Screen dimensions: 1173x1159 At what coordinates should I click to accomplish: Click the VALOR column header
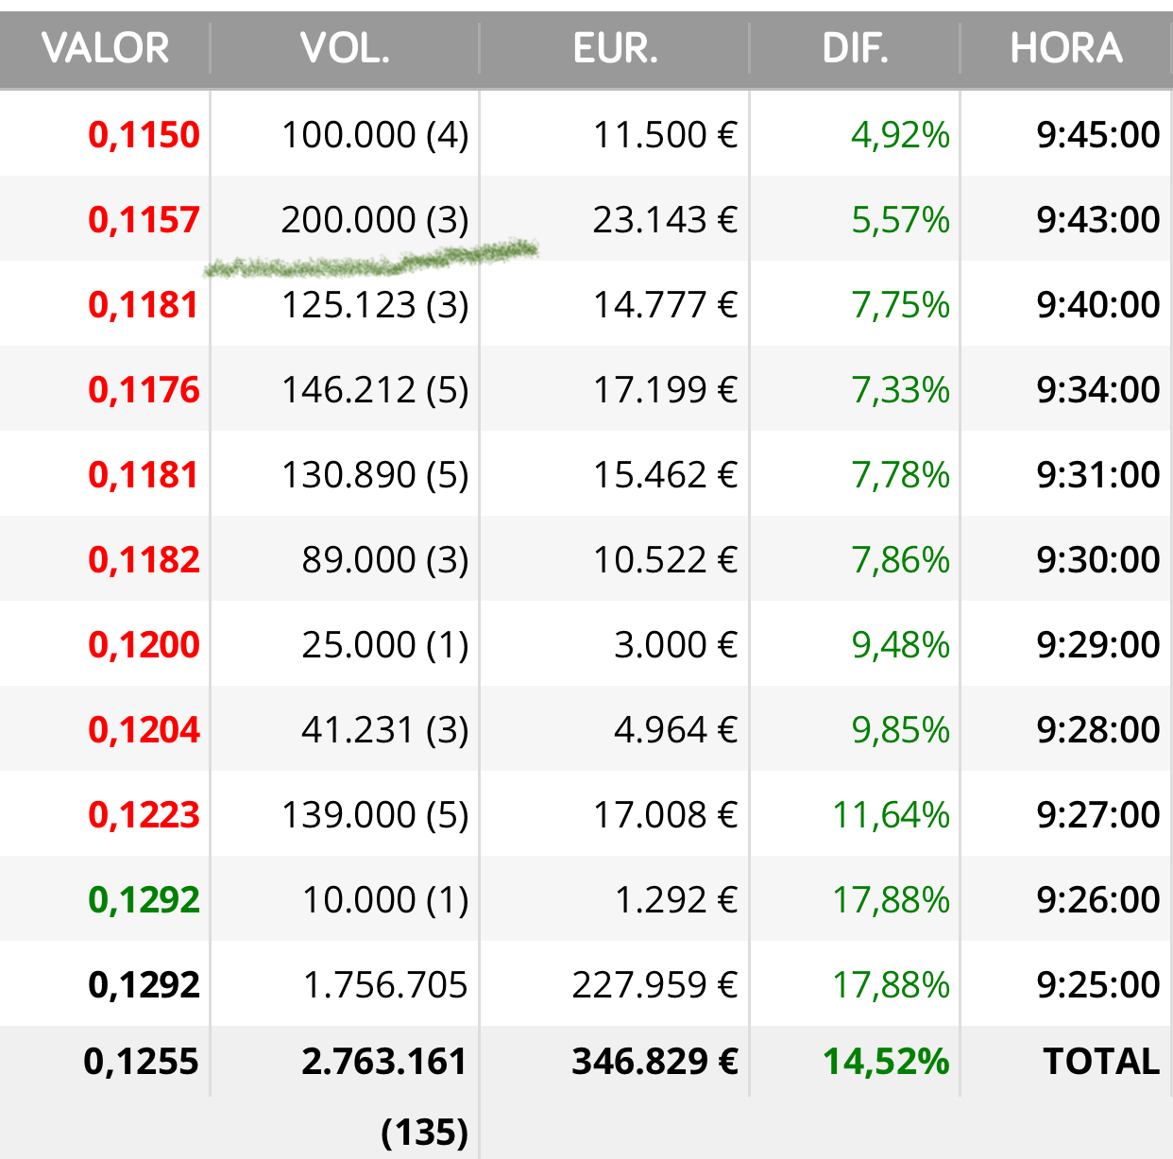click(105, 47)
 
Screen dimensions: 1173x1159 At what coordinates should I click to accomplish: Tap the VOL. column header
click(345, 47)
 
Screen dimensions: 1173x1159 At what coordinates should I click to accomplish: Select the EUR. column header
click(616, 47)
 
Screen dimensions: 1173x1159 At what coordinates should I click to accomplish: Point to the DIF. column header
click(856, 47)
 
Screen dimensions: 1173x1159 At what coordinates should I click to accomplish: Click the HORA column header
click(1066, 47)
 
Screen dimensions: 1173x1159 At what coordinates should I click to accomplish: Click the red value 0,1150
click(144, 134)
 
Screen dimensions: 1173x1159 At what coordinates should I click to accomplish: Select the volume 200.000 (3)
click(375, 220)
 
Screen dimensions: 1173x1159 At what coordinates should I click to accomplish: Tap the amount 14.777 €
click(665, 304)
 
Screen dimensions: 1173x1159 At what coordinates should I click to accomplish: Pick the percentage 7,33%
click(900, 390)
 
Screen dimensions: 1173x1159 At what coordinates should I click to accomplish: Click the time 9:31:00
click(1098, 474)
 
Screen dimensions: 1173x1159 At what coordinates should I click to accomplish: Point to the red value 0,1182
click(144, 560)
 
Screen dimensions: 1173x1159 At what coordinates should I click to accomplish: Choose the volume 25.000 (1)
click(385, 645)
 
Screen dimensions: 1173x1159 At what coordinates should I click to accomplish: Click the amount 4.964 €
click(675, 729)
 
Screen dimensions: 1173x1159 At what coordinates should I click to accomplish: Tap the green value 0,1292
click(144, 899)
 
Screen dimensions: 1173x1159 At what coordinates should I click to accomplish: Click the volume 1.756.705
click(385, 985)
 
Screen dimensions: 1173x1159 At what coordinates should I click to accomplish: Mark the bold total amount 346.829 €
click(655, 1062)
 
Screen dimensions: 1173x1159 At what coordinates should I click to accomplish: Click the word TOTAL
click(1101, 1061)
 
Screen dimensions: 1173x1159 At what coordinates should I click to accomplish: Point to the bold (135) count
click(425, 1133)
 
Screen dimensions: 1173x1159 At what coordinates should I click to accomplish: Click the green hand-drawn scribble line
click(371, 260)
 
